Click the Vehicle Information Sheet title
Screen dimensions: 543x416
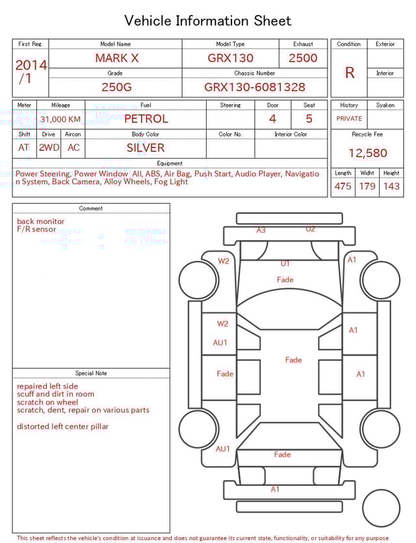[x=208, y=21]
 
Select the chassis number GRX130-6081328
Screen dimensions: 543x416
[x=255, y=87]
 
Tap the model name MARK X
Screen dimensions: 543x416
[x=116, y=58]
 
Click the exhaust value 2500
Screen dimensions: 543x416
[x=303, y=58]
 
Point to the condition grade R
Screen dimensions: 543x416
[x=350, y=73]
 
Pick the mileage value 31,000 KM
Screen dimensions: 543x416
[x=60, y=119]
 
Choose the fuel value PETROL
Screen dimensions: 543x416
[x=146, y=119]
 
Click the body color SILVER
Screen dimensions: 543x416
[x=146, y=148]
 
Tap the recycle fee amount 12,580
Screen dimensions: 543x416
[x=367, y=153]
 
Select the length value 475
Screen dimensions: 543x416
[x=343, y=186]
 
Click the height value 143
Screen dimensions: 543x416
[x=391, y=186]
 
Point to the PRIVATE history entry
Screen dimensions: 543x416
[x=349, y=119]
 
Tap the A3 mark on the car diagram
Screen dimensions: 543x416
[x=261, y=230]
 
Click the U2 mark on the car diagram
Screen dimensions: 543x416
[x=311, y=229]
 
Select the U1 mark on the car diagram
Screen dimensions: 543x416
[x=285, y=263]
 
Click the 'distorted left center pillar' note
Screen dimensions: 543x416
[x=62, y=427]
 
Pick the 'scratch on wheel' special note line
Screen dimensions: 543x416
[x=47, y=402]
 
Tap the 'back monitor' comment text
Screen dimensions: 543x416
[x=41, y=221]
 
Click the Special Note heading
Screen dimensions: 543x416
[x=91, y=373]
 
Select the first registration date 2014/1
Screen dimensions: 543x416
[x=31, y=72]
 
